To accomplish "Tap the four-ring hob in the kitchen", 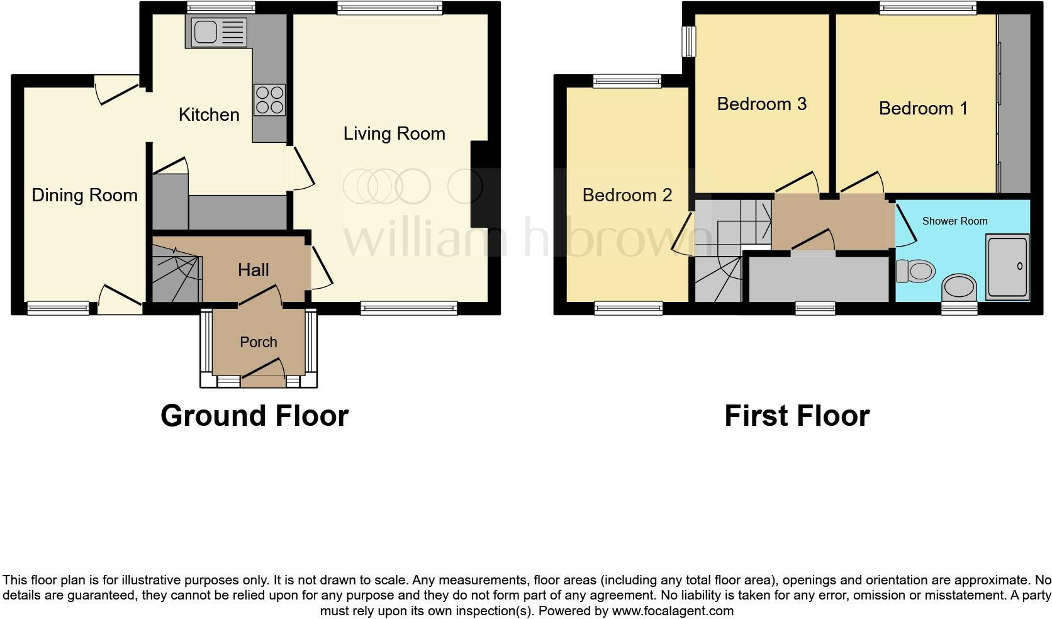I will point(269,100).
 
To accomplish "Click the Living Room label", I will point(394,133).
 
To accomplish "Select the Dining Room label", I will point(84,195).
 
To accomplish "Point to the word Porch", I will point(259,342).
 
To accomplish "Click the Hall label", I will point(254,270).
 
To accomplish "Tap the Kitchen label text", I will point(209,114).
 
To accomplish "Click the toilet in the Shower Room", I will point(915,271).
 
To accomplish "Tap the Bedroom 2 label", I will point(627,195).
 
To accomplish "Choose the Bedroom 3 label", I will point(761,104).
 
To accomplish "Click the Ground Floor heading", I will point(254,416).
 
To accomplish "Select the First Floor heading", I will point(797,416).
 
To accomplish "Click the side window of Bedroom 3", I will point(690,42).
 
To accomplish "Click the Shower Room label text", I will point(954,221).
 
